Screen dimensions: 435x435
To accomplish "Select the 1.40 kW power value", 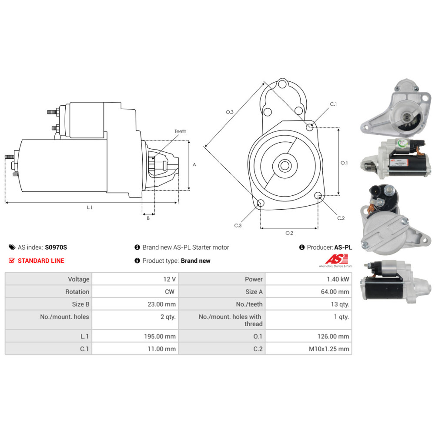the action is (338, 279).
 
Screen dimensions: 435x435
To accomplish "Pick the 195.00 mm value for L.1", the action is (160, 336).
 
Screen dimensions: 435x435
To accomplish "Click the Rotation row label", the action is (77, 291).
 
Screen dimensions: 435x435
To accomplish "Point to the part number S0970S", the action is (56, 247).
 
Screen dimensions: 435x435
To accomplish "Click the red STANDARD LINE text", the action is (41, 261).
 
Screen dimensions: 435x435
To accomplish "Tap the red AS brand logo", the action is (337, 259).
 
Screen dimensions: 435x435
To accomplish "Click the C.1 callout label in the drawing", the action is (333, 104).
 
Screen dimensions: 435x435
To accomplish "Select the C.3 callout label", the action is (238, 225).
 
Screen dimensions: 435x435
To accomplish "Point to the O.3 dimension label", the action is (229, 112).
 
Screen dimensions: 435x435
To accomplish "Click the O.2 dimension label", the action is (289, 233).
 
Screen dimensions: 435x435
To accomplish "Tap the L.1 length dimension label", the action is (89, 207).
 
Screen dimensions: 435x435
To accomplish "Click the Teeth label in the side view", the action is (181, 131).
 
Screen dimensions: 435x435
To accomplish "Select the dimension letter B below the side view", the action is (148, 218).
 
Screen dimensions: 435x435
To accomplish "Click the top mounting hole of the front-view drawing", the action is (282, 84).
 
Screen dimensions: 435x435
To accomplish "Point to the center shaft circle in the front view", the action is (284, 166).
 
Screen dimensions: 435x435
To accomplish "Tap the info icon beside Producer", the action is (302, 247).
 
